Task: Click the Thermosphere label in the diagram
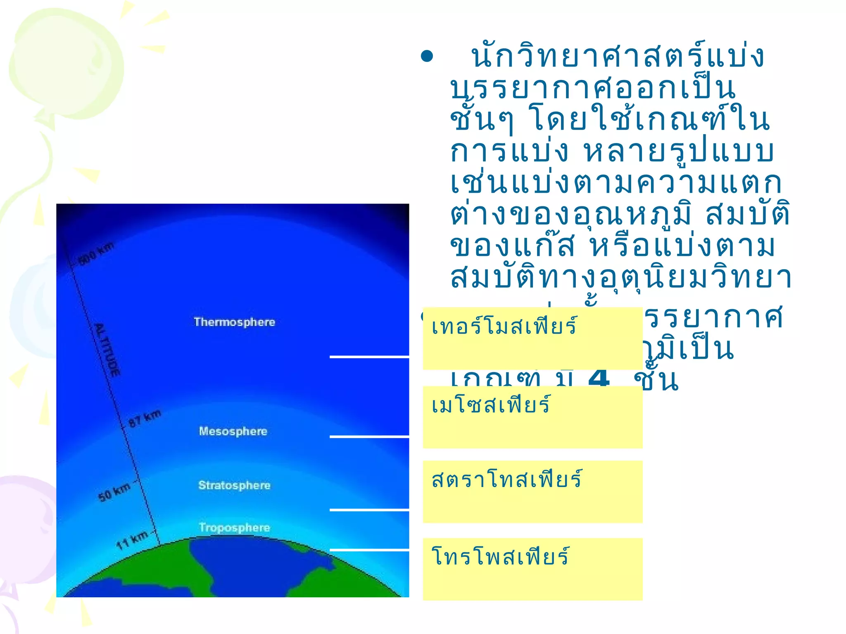point(234,322)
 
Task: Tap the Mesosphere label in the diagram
point(233,431)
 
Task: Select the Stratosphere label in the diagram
point(234,485)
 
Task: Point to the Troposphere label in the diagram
point(234,528)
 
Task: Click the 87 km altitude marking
point(145,419)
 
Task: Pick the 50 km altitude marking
point(114,491)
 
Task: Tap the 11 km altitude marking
point(132,540)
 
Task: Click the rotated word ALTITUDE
point(107,350)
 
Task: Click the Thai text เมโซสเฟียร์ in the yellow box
point(491,405)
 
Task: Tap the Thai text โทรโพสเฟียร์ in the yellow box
point(500,556)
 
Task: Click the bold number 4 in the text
point(599,378)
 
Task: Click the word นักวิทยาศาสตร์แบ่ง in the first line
point(618,57)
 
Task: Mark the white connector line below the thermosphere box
point(369,357)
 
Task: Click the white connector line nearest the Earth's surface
point(369,550)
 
